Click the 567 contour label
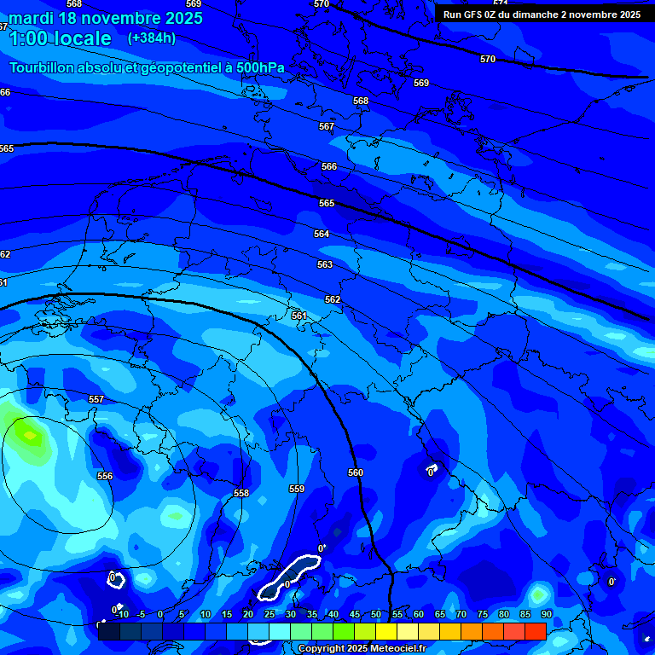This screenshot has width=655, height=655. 327,126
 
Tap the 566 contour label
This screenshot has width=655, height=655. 329,166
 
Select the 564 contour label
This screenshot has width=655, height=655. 322,234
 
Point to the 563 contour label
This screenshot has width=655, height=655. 325,264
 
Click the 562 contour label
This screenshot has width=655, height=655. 333,299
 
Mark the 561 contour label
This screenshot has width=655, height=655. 299,316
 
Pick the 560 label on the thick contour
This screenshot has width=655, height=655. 356,472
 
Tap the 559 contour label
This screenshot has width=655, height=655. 297,489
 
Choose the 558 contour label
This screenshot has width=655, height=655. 241,493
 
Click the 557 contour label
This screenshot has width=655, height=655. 96,399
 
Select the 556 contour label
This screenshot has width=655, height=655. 105,476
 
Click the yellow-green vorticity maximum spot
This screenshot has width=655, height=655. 28,436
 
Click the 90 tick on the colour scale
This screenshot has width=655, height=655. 546,614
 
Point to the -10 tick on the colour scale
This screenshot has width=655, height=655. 122,614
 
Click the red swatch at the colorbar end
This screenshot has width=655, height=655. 535,631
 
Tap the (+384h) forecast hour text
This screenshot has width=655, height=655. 152,38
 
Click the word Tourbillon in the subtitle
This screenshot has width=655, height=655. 41,67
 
